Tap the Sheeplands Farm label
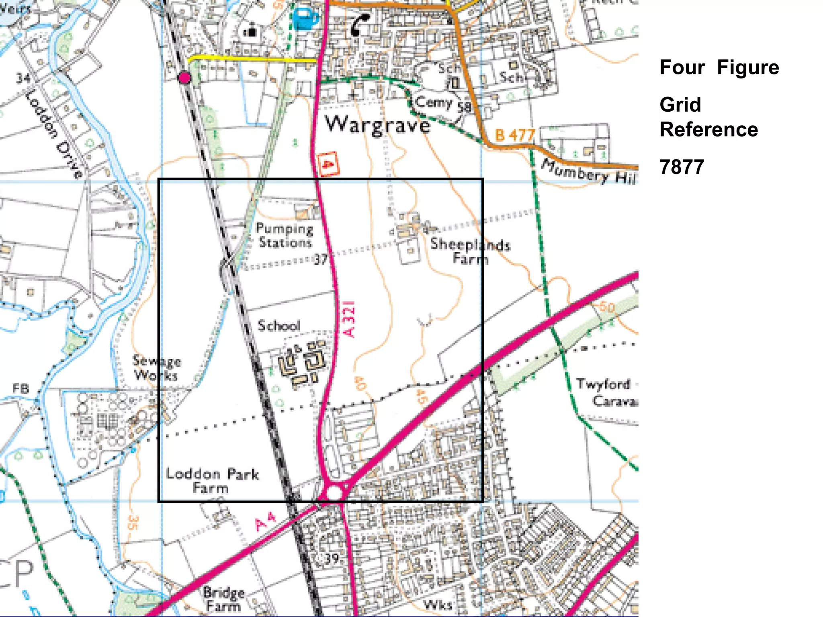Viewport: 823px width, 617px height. click(470, 251)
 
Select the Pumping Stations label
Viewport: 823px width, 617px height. click(285, 235)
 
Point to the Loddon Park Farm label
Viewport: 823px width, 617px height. click(212, 480)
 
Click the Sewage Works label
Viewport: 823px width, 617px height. click(157, 368)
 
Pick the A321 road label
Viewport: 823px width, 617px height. click(349, 319)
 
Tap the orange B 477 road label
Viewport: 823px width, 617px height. click(515, 135)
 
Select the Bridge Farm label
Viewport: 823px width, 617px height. click(223, 599)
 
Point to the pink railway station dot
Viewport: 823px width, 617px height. click(184, 78)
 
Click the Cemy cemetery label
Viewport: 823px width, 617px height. click(434, 102)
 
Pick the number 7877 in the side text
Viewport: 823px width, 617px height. click(682, 167)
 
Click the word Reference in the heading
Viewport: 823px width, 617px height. click(708, 129)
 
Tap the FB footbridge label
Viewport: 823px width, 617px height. click(20, 388)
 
